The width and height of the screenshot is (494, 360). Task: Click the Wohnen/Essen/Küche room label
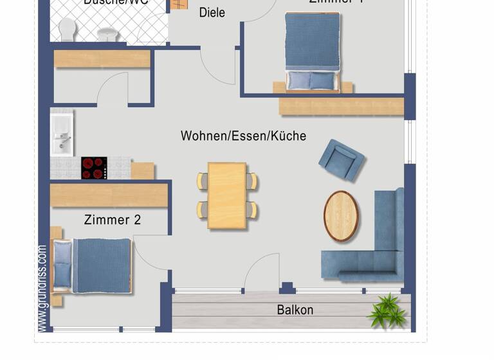(x=243, y=136)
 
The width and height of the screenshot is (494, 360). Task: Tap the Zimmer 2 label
(x=113, y=220)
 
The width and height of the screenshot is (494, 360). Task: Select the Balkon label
(x=295, y=310)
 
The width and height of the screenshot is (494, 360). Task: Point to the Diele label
(x=212, y=12)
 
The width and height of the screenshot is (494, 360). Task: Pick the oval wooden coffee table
(x=341, y=216)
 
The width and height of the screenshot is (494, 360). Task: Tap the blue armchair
(x=342, y=159)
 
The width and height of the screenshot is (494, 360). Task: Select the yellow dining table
(x=227, y=195)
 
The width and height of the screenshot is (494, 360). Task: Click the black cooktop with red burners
(x=94, y=168)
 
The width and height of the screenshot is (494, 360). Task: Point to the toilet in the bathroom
(x=66, y=29)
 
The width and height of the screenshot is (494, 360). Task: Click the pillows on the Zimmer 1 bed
(x=311, y=80)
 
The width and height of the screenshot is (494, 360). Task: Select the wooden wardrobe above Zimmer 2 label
(x=109, y=195)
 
